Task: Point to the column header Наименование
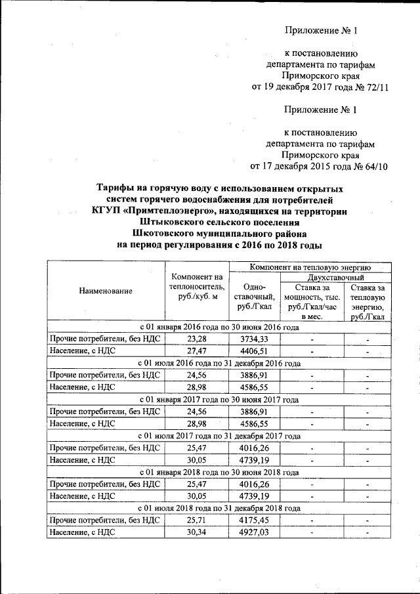(105, 290)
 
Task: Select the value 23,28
(196, 339)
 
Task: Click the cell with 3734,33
(253, 339)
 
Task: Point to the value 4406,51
(253, 351)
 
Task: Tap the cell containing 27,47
(196, 351)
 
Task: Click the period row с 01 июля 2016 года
(219, 363)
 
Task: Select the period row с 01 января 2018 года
(219, 472)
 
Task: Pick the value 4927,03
(253, 533)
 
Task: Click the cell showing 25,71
(196, 520)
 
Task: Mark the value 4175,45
(253, 520)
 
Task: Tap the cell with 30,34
(196, 533)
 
